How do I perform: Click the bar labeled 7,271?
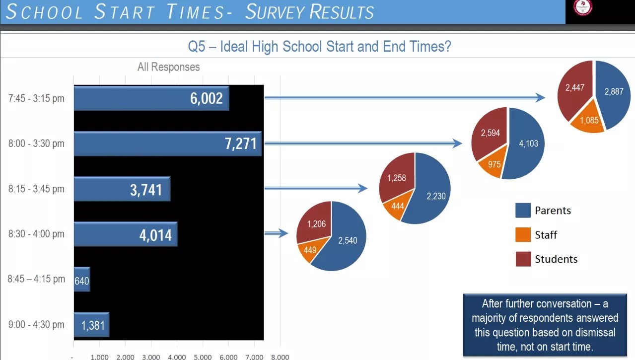coord(168,144)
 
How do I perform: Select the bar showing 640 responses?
coord(82,280)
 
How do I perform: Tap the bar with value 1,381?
coord(91,325)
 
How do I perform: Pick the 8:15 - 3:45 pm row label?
coord(36,189)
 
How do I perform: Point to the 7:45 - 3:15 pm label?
coord(36,98)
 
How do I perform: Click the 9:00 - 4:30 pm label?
coord(36,325)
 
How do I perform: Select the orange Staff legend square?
coord(523,234)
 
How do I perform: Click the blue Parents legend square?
coord(523,211)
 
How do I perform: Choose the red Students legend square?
coord(523,259)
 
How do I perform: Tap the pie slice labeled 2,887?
coord(614,92)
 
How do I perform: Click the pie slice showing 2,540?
coord(347,241)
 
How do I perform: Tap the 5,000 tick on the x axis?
coord(203,357)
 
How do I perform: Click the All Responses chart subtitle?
coord(168,67)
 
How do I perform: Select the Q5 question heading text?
coord(319,47)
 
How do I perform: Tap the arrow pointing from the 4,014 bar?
coord(277,233)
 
